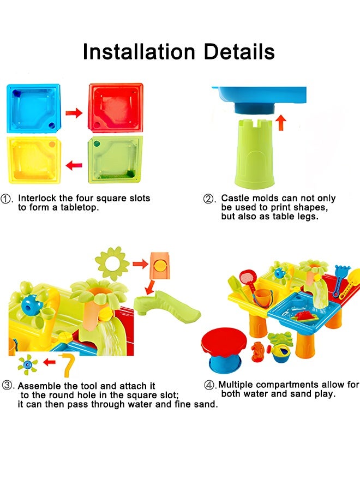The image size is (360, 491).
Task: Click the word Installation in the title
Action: pos(139,52)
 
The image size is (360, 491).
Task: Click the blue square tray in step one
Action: pos(33,109)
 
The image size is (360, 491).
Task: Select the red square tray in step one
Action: pos(116,107)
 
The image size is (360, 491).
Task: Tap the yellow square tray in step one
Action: pos(33,160)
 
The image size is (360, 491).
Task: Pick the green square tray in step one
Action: pos(115,160)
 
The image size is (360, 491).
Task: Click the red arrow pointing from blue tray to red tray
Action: pos(74,112)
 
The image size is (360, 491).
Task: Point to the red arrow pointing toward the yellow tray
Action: pos(74,165)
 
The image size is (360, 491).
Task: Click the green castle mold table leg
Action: pos(255,154)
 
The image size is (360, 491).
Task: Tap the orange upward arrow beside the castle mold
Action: pos(281,122)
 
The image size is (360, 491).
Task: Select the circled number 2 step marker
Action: pos(208,199)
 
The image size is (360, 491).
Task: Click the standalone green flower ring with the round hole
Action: pos(112,264)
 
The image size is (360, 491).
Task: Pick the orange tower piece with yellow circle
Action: pos(160,266)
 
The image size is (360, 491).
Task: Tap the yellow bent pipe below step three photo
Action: pos(68,365)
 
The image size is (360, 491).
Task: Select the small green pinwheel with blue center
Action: pos(28,364)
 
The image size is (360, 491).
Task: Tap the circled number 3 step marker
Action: pos(7,385)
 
